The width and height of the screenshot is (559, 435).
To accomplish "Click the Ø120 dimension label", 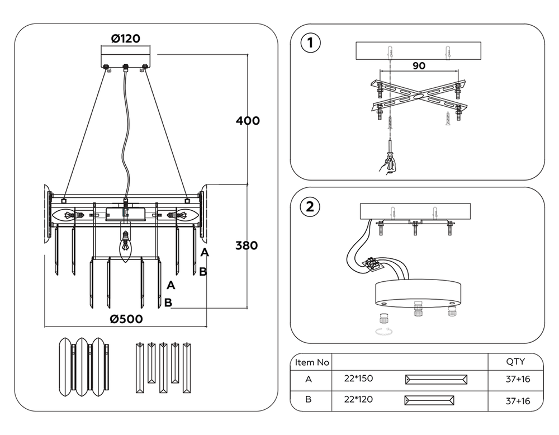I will [x=125, y=39].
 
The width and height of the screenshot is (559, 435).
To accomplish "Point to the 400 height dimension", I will [x=248, y=120].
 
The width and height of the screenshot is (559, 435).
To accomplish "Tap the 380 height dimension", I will [x=246, y=245].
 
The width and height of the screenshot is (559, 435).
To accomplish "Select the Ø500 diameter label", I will [x=126, y=319].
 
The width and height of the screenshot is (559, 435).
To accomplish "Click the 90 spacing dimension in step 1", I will [x=419, y=65].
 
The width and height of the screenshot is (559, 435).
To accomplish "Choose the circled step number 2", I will [x=311, y=206].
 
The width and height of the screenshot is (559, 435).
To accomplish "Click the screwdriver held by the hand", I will [x=390, y=154].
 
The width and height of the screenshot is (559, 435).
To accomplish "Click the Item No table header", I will [x=312, y=362].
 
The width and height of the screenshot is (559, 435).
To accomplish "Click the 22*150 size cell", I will [x=359, y=379].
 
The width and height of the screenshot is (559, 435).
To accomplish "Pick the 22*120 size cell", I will [x=359, y=400].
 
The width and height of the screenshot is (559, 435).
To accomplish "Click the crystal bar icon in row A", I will [x=435, y=380].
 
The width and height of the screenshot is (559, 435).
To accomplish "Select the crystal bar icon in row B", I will [x=429, y=400].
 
